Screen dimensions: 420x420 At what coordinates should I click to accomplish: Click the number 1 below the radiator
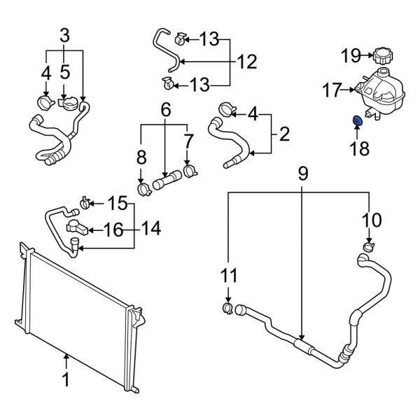pyautogui.click(x=66, y=381)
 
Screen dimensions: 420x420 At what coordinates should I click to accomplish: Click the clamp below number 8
pyautogui.click(x=143, y=188)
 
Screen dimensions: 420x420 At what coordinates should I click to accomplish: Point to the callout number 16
pyautogui.click(x=113, y=228)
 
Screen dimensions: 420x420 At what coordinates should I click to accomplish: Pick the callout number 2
pyautogui.click(x=284, y=133)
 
